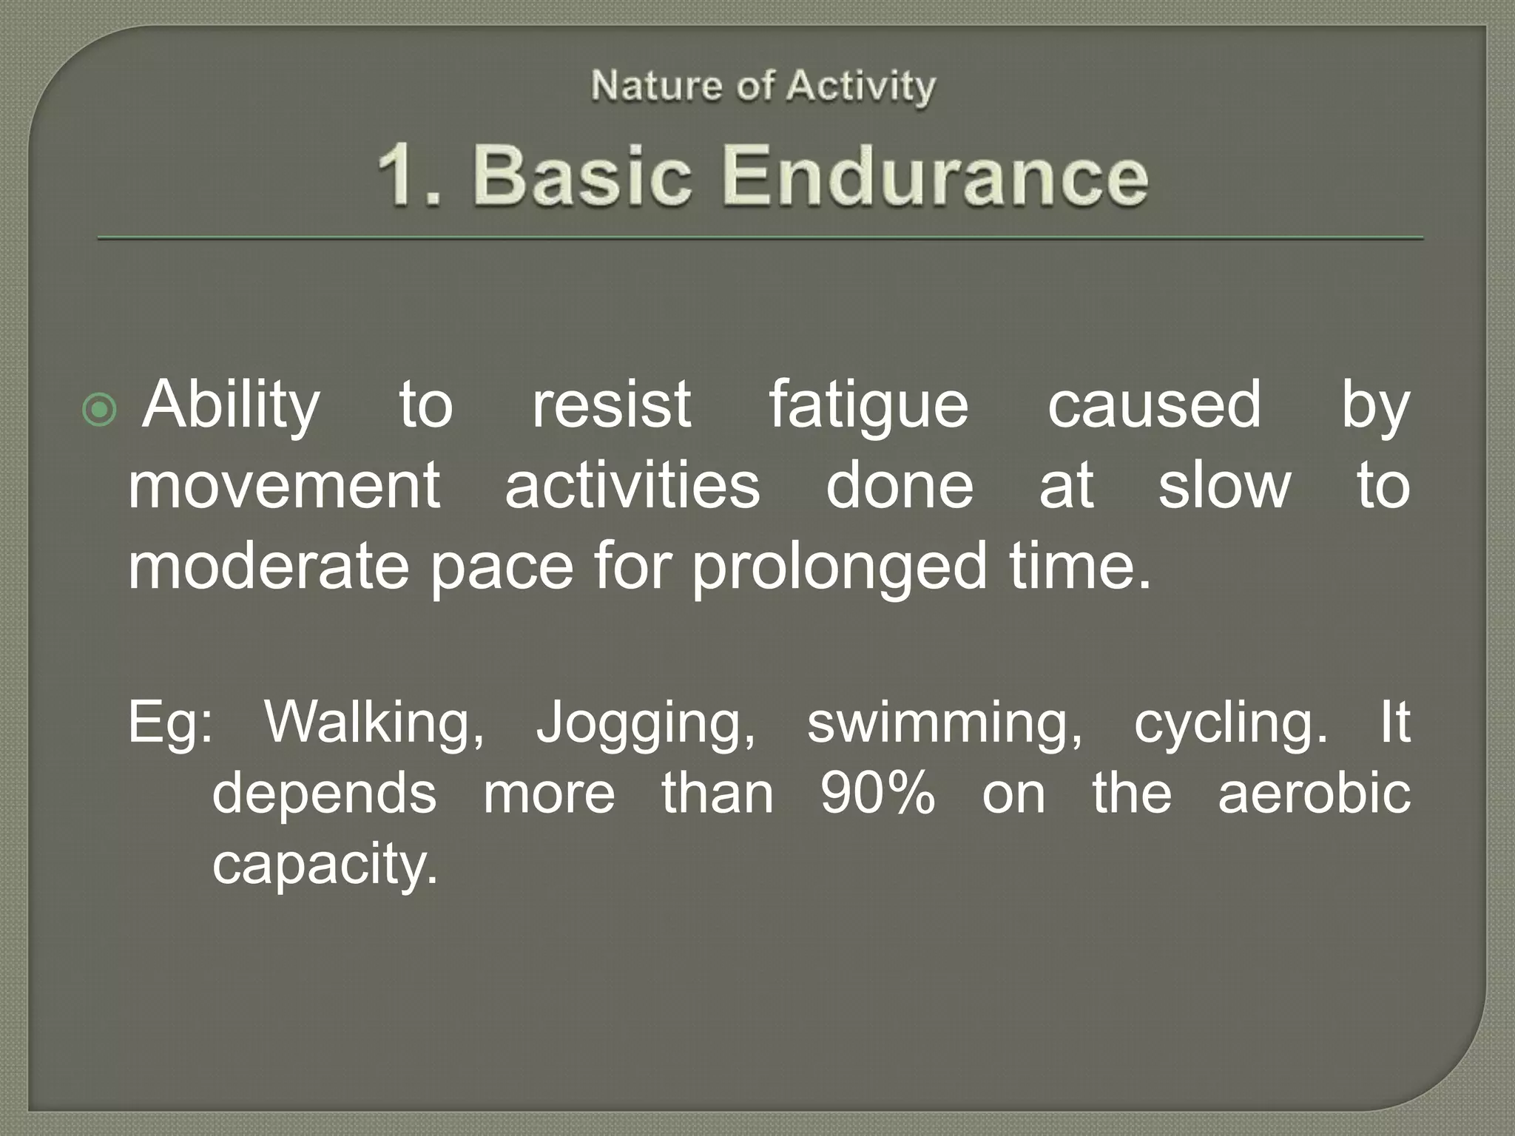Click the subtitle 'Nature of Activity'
coord(763,87)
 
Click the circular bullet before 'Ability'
coord(100,410)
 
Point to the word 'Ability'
coord(232,405)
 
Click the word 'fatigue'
coord(868,405)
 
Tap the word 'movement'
coord(285,485)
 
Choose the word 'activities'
coord(632,485)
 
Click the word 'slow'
coord(1224,485)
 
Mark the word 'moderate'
coord(269,566)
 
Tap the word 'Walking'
coord(374,722)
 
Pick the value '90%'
coord(878,793)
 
